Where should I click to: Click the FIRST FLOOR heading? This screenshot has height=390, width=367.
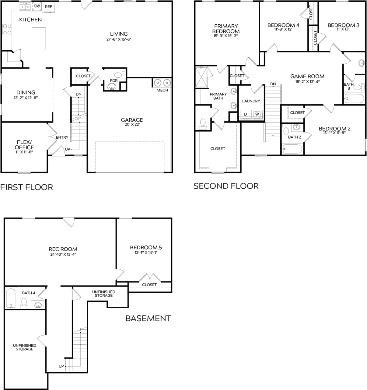26,187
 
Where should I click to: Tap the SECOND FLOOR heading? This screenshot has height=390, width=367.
226,186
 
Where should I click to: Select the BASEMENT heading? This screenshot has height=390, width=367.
148,318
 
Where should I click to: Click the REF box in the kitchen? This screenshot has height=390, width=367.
48,7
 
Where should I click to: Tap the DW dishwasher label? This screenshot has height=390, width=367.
37,6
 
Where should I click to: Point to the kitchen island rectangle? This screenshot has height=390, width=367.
39,39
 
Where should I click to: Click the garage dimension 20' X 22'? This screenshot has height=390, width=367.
132,124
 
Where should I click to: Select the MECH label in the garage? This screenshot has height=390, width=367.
162,90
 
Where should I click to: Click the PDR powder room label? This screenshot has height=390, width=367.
114,81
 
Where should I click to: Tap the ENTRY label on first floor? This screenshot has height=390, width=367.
62,137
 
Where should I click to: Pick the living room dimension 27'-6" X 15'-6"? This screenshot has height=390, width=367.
119,39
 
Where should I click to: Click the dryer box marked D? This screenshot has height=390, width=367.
245,114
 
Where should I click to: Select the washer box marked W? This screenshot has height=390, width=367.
257,114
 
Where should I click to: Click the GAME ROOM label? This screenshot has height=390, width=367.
307,76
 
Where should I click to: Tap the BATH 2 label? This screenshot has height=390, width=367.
294,137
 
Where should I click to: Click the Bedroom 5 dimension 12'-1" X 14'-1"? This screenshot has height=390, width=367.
144,252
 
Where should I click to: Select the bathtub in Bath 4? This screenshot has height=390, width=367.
11,298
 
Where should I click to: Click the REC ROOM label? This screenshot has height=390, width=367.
63,249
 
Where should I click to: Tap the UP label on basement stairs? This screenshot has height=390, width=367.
61,366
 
